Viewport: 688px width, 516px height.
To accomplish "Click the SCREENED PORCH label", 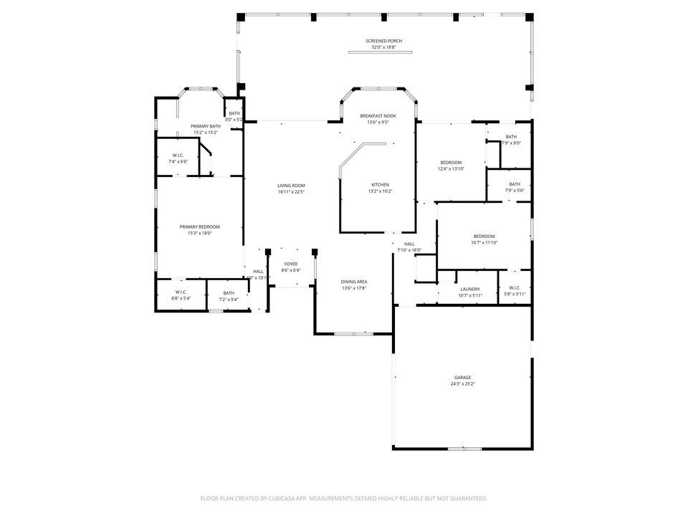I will [x=383, y=42].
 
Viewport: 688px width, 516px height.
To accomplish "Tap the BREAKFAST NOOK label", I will [x=378, y=116].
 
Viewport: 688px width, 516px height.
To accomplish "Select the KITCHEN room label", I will [x=380, y=185].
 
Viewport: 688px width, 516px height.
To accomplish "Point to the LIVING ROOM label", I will [x=291, y=186].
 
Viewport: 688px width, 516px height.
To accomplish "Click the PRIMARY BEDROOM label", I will [x=199, y=226].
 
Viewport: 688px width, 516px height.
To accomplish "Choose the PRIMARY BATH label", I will [x=205, y=126].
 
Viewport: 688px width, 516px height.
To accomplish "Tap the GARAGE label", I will [x=462, y=378].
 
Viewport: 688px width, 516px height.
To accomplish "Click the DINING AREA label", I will [x=354, y=282].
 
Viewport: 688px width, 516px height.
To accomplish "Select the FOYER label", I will [x=290, y=264].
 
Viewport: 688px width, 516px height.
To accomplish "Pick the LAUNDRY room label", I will [x=470, y=289].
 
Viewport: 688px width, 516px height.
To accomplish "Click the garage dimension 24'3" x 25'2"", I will [x=462, y=384].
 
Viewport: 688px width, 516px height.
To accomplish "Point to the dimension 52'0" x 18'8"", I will [x=383, y=48].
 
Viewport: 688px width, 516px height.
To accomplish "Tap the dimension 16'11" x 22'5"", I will [x=291, y=192].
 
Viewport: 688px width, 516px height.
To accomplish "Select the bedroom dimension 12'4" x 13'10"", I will [x=451, y=169].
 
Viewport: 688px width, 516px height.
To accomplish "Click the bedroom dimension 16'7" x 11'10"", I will [x=484, y=243].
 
